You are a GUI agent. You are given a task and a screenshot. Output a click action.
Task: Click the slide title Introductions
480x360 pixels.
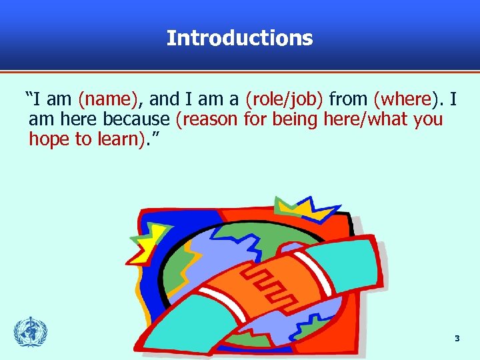239,38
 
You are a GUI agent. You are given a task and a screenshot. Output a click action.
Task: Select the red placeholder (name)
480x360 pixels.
108,100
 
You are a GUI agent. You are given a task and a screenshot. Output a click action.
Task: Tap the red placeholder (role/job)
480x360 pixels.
285,100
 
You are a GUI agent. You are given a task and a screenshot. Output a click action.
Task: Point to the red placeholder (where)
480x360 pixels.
403,100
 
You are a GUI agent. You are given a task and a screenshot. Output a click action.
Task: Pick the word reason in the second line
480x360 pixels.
204,120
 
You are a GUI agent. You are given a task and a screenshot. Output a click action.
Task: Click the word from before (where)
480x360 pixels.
349,100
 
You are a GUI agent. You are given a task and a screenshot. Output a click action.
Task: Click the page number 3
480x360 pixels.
457,339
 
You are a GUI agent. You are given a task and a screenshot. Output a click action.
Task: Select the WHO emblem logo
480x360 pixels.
31,332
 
